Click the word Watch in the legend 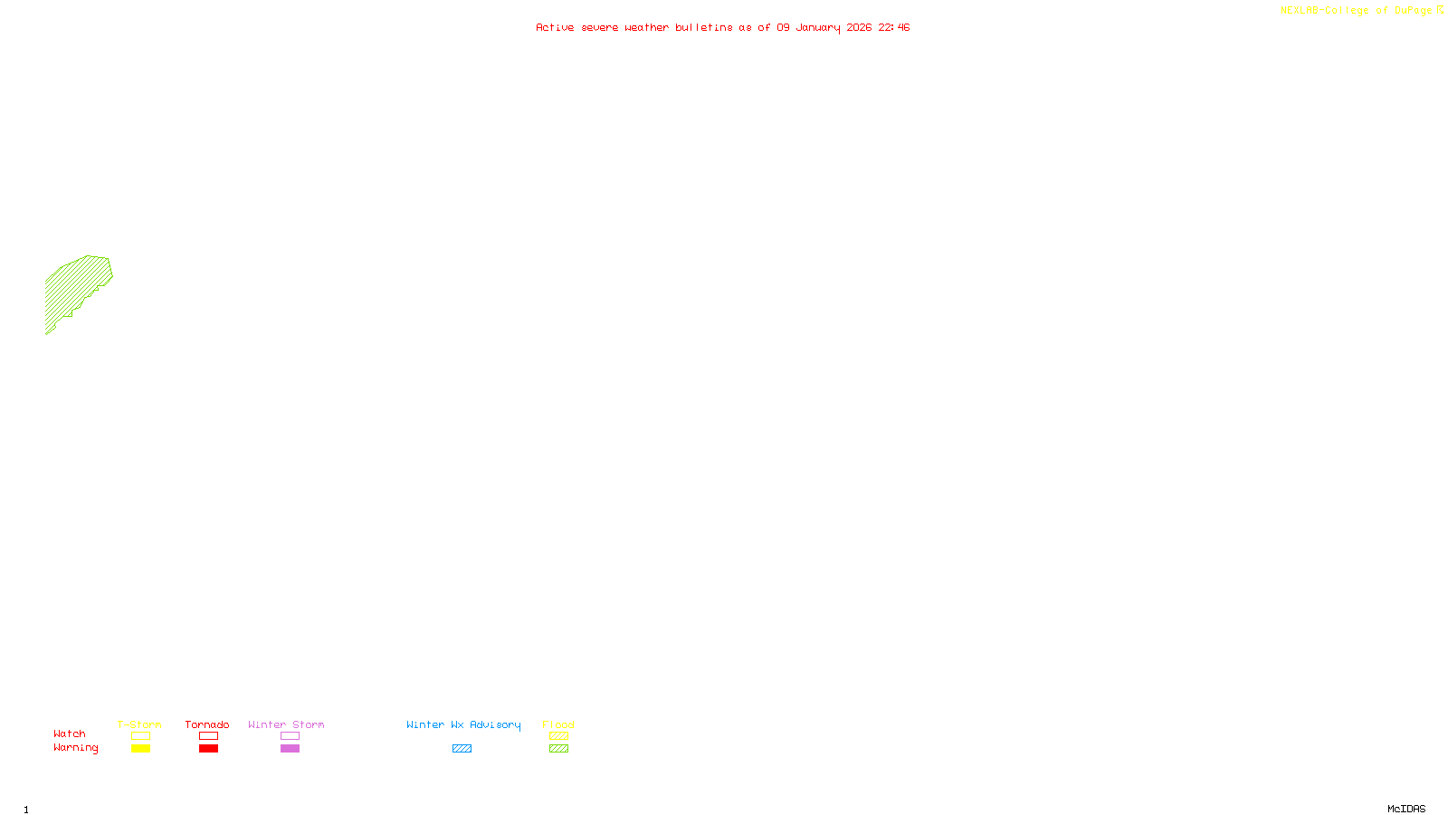pyautogui.click(x=70, y=733)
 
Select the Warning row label pyautogui.click(x=75, y=748)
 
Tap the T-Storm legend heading pyautogui.click(x=139, y=724)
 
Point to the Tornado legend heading pyautogui.click(x=207, y=724)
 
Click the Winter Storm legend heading pyautogui.click(x=286, y=724)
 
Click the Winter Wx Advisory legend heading pyautogui.click(x=463, y=724)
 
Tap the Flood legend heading pyautogui.click(x=558, y=724)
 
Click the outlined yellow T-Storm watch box pyautogui.click(x=140, y=736)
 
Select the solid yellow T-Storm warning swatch pyautogui.click(x=140, y=749)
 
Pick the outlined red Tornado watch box pyautogui.click(x=208, y=736)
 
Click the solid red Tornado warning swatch pyautogui.click(x=208, y=749)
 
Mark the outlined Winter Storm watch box pyautogui.click(x=290, y=736)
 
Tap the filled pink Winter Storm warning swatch pyautogui.click(x=290, y=749)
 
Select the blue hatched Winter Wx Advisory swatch pyautogui.click(x=462, y=749)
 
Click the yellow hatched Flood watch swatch pyautogui.click(x=558, y=736)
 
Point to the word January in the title pyautogui.click(x=817, y=27)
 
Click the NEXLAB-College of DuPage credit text pyautogui.click(x=1357, y=10)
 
